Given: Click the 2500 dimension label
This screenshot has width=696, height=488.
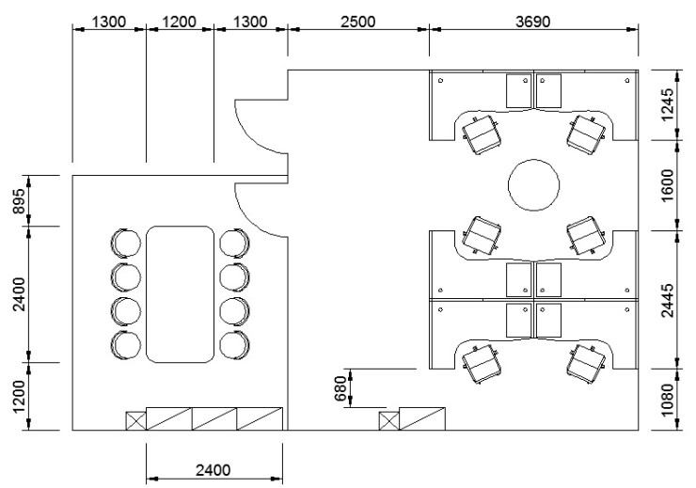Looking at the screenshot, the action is [357, 22].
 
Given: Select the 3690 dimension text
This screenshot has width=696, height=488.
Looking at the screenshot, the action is [532, 22].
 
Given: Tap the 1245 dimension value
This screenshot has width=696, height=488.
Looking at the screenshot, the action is [668, 104].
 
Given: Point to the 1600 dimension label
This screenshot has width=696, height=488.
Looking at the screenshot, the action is [668, 185].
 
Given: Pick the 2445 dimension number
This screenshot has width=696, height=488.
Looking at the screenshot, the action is [668, 300].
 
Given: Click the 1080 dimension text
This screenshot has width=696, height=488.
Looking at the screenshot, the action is [668, 401].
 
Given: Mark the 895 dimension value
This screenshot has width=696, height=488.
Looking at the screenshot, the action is [20, 201].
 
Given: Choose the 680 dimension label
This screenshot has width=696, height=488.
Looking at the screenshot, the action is [340, 388].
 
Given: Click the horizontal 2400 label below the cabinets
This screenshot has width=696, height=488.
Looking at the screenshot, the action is [214, 470].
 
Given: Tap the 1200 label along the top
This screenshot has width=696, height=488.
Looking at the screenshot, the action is [180, 22].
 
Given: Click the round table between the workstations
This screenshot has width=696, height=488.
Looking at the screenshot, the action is [533, 184].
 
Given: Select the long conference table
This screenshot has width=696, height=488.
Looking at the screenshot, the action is [181, 294].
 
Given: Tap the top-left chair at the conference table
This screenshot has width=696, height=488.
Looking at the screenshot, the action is [126, 243].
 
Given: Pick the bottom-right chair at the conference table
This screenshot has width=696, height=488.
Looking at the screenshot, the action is [234, 344].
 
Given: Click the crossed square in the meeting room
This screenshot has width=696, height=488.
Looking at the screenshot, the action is [135, 420].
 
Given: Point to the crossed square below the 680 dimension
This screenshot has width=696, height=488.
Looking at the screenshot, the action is [388, 420].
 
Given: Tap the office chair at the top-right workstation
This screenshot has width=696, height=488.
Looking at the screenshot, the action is [586, 134].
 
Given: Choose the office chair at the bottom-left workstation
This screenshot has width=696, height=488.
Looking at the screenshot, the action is [482, 363].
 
